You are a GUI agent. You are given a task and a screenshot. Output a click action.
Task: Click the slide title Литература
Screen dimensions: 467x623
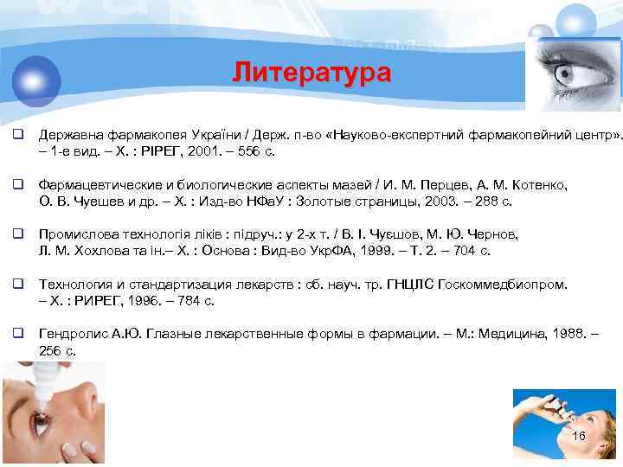(311, 73)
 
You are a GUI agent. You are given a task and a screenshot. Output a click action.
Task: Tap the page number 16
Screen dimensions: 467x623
(579, 437)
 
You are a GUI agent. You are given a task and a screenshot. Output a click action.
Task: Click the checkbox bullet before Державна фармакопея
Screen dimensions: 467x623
(16, 136)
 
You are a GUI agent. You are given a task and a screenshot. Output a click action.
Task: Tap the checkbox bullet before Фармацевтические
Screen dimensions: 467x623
(16, 185)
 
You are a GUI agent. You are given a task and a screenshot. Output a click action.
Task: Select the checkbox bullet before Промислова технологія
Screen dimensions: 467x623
(16, 234)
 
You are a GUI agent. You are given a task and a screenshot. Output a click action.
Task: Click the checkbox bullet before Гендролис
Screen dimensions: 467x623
(16, 333)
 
